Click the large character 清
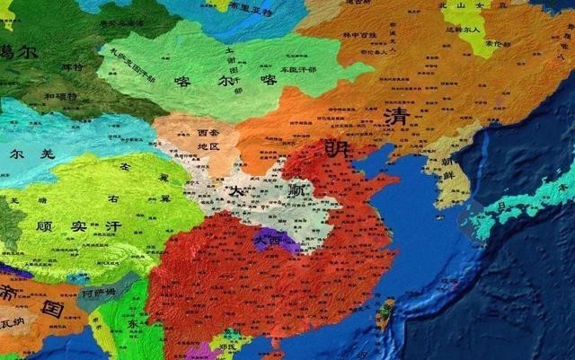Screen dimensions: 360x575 click(x=394, y=117)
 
